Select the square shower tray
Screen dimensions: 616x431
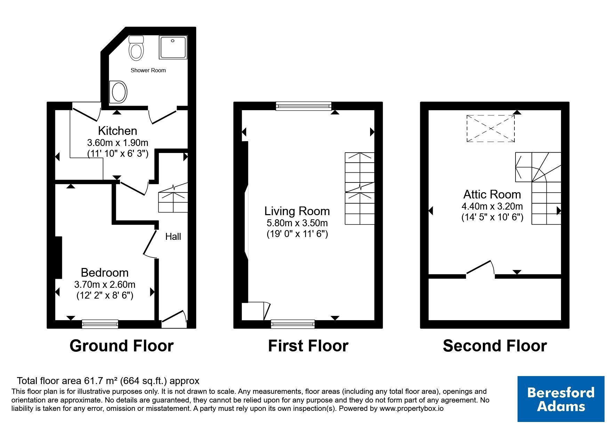click(173, 47)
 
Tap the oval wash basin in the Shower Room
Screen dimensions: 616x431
click(118, 92)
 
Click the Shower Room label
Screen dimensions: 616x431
click(148, 70)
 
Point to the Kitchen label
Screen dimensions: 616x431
click(118, 131)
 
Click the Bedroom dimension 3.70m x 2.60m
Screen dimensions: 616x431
click(105, 284)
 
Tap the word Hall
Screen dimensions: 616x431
click(173, 236)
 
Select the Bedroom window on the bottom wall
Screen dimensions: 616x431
click(100, 324)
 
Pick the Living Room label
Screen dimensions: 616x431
click(297, 211)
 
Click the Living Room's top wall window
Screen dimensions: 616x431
click(304, 106)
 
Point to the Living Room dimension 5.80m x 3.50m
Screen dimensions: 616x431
click(297, 223)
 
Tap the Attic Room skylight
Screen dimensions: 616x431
click(490, 129)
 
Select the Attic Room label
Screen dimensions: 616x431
click(492, 194)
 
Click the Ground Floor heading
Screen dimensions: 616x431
click(121, 346)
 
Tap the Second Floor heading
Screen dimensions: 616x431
click(495, 346)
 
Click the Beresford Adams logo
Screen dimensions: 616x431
click(561, 399)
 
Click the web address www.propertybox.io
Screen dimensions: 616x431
click(411, 409)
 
